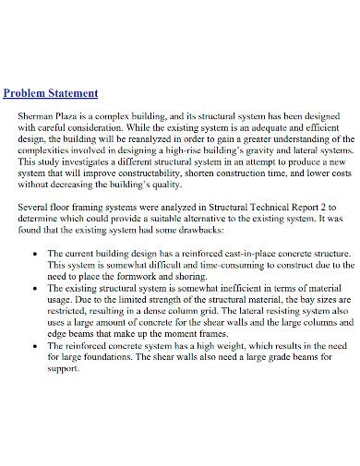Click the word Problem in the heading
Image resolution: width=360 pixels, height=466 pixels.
click(29, 94)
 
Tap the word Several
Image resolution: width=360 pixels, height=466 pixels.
click(33, 210)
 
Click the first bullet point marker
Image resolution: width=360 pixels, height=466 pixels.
click(35, 253)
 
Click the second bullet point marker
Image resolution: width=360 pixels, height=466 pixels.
click(35, 288)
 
